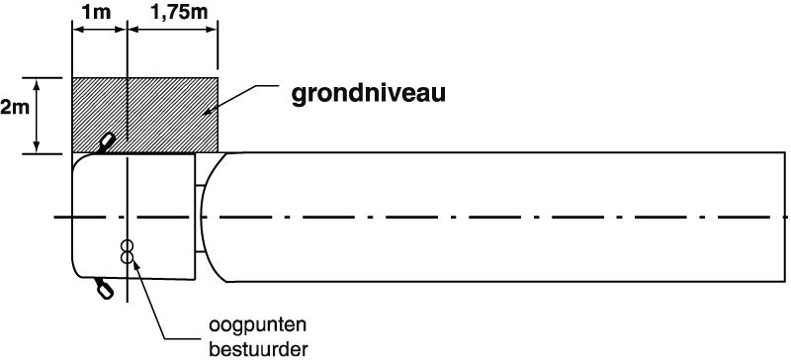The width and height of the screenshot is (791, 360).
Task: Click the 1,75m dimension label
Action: pos(179,12)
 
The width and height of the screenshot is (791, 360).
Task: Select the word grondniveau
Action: pos(369,93)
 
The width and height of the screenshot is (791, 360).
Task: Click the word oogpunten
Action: pos(258,325)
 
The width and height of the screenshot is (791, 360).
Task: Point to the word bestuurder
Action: pos(258,349)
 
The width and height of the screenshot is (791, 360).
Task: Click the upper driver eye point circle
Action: pos(128,246)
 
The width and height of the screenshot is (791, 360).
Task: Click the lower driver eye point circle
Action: pos(128,258)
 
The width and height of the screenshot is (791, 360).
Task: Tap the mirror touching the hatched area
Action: pos(106,142)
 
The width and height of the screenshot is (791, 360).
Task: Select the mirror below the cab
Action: pos(104,287)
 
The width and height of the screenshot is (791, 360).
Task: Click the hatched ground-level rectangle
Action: pos(145,115)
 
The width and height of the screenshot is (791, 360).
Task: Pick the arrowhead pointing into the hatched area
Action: pos(208,112)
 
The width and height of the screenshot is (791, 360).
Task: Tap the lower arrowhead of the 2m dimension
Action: pos(37,145)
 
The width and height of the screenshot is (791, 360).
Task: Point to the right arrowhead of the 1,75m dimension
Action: pos(211,30)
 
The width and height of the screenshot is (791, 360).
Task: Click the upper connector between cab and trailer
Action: pos(200,186)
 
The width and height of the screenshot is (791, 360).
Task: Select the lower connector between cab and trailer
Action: pos(200,251)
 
